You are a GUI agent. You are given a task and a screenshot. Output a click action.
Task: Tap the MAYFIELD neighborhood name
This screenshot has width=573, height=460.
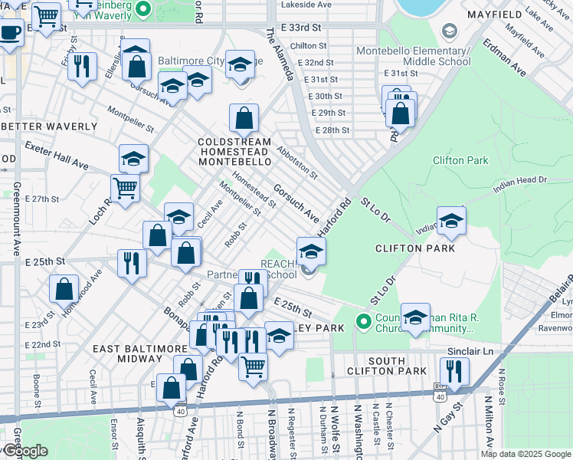(535, 14)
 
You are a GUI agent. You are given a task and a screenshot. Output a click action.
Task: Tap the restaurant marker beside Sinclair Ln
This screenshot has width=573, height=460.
(455, 371)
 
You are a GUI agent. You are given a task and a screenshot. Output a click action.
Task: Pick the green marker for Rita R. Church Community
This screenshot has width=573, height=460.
(364, 320)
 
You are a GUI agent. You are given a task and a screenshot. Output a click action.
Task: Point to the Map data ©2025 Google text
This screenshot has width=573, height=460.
(524, 454)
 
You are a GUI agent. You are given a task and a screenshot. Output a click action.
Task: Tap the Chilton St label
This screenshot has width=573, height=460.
(309, 46)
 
